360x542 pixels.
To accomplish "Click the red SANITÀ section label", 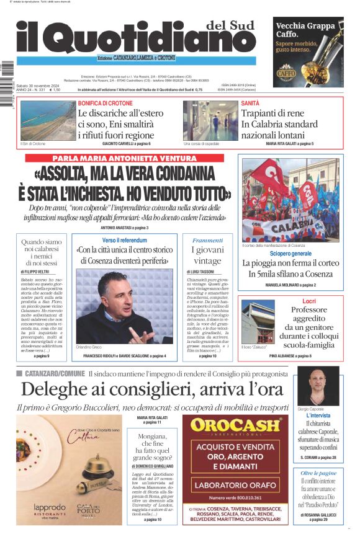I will [x=250, y=103].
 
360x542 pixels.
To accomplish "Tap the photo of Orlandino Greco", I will [x=124, y=307].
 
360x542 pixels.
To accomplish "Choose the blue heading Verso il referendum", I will [x=124, y=240].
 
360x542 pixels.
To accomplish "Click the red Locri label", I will [x=309, y=301].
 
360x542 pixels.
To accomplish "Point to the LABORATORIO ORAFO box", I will [x=239, y=486].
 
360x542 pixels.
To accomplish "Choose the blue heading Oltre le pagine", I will [x=318, y=473].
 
